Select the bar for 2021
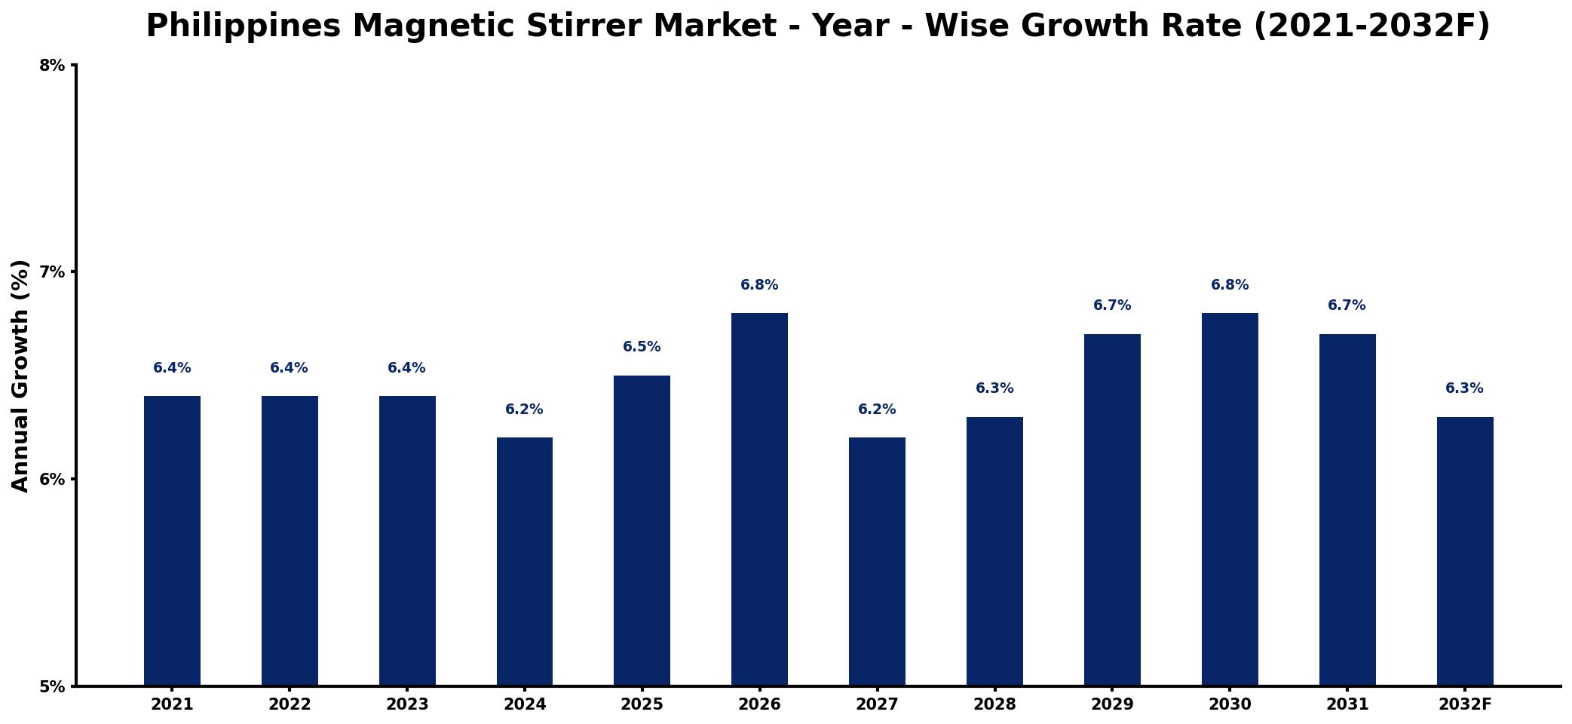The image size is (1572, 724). [x=172, y=541]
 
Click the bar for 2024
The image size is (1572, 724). [x=525, y=561]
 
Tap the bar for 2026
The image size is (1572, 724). [x=759, y=499]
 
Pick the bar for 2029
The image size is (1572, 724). [x=1112, y=510]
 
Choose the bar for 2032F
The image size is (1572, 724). [x=1465, y=551]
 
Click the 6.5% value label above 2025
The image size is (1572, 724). [x=642, y=347]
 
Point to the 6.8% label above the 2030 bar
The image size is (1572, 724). [x=1230, y=285]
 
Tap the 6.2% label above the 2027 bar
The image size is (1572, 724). [x=877, y=410]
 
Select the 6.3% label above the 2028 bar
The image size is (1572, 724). [x=994, y=388]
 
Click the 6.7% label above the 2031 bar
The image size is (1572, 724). [x=1347, y=305]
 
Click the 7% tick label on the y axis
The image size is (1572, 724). [x=52, y=272]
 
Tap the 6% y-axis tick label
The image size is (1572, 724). [x=52, y=480]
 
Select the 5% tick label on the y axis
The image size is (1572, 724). [x=52, y=687]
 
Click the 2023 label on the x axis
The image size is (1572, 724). [x=407, y=704]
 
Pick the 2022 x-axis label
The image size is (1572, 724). [x=290, y=704]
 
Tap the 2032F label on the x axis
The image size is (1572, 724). [x=1465, y=704]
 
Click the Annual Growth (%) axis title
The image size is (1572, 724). [x=20, y=376]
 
